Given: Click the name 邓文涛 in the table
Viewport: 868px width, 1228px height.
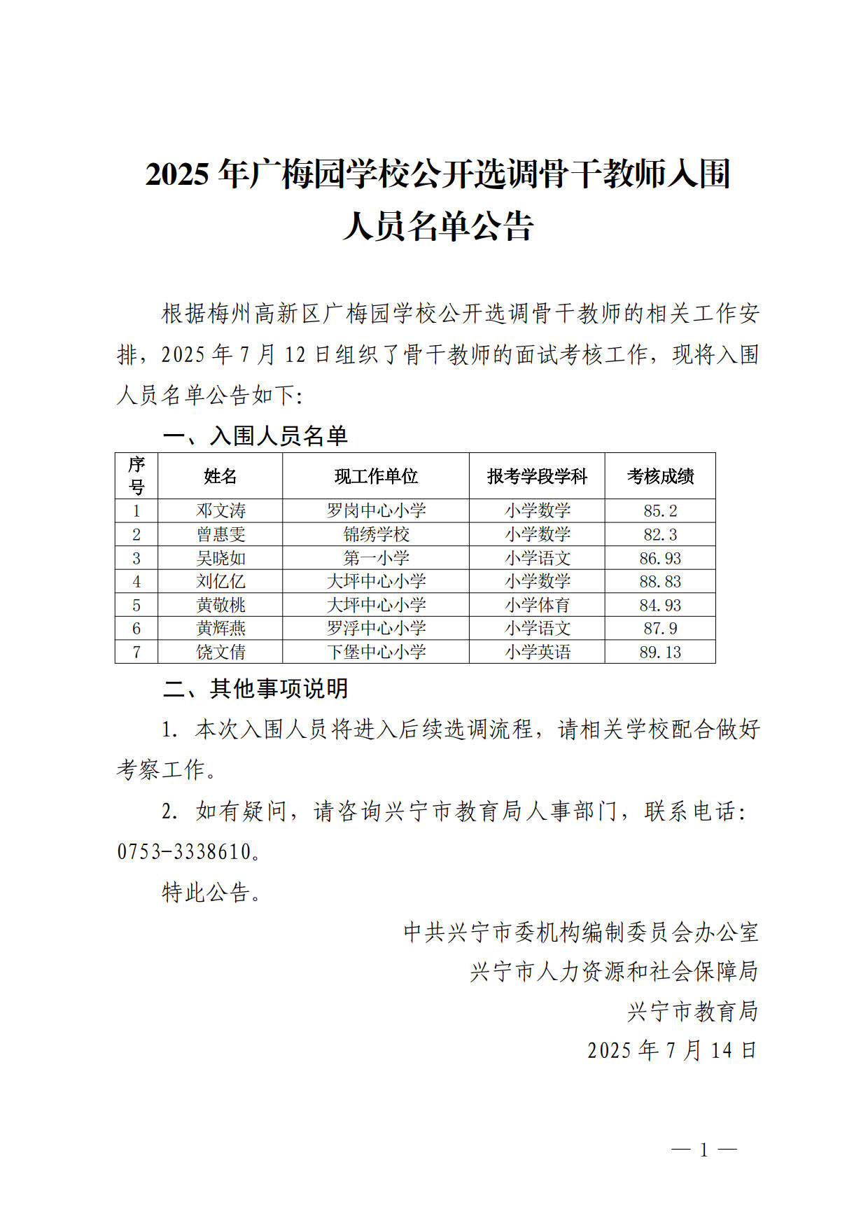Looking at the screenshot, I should (x=220, y=510).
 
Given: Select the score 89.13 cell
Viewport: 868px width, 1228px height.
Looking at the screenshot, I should (x=659, y=652).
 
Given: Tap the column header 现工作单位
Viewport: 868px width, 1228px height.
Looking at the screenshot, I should (x=376, y=476).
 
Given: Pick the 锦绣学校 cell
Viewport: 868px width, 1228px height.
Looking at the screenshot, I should (x=376, y=534).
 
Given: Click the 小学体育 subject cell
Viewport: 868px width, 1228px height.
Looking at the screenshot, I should (x=537, y=605).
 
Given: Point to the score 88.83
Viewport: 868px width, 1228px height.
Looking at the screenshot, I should (x=659, y=581).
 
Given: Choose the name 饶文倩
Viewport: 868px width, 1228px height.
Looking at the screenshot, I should (x=220, y=652).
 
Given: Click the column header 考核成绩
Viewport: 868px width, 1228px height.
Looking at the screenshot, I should (x=659, y=476).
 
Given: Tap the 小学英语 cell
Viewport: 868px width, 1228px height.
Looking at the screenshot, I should (x=537, y=652).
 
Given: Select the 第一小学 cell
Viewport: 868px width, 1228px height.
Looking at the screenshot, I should (x=376, y=558).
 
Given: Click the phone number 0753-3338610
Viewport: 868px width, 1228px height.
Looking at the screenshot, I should (x=184, y=851).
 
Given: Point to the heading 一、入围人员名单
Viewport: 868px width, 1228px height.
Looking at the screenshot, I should (x=255, y=435).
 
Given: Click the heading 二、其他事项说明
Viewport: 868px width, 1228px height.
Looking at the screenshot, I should (x=255, y=688).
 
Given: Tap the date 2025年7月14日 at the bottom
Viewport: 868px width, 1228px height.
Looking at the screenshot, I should (x=671, y=1050).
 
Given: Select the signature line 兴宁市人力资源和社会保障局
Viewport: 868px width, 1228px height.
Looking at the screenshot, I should (x=614, y=971).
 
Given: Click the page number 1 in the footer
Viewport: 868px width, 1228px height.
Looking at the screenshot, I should (x=703, y=1150).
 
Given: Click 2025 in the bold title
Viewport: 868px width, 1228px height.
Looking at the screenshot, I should (x=177, y=174).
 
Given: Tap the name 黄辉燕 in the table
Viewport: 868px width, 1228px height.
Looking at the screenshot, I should (x=220, y=628).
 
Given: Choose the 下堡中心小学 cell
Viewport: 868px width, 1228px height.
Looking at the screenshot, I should (x=376, y=652).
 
